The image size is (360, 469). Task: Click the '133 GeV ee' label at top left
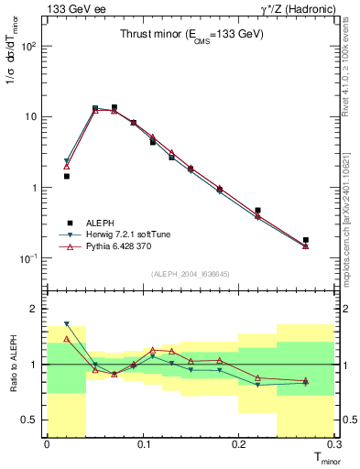point(71,8)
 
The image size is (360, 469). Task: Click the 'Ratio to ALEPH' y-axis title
point(12,365)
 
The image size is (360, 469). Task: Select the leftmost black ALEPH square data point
point(66,176)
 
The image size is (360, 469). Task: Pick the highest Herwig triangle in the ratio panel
point(66,323)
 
